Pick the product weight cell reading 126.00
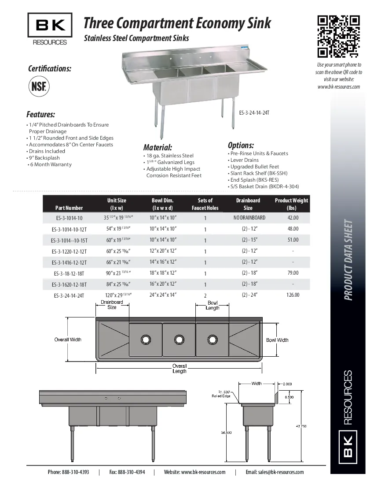tap(293, 295)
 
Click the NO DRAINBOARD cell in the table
tap(249, 218)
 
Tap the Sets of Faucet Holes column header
tap(205, 204)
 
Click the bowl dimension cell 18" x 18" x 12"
tap(163, 273)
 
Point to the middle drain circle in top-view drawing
tap(179, 339)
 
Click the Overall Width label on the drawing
tap(68, 339)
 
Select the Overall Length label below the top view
tap(180, 369)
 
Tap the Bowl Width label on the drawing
tap(277, 340)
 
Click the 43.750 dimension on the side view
tap(301, 426)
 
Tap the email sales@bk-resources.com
tap(275, 472)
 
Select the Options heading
tap(241, 145)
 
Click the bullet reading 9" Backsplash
tap(44, 158)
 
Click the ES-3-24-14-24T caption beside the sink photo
tap(254, 113)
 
